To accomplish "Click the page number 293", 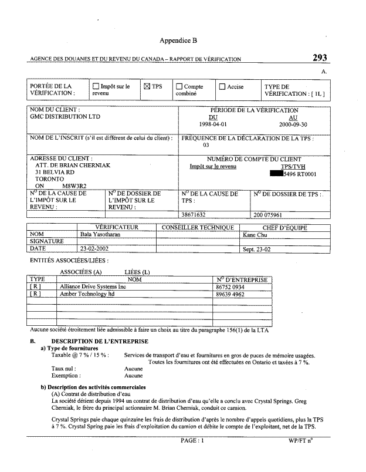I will (x=320, y=58).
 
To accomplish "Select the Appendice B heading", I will (x=178, y=41).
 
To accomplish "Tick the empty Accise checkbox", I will (x=222, y=87).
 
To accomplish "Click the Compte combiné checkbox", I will (x=179, y=87).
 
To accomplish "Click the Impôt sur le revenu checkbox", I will (x=96, y=87).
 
